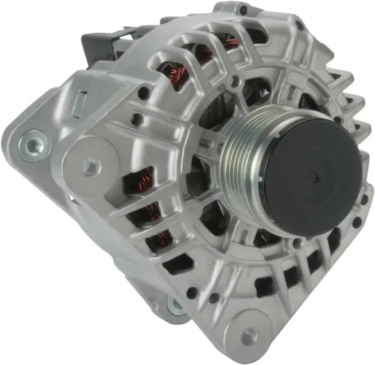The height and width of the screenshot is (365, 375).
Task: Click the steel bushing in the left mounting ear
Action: [31, 141]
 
